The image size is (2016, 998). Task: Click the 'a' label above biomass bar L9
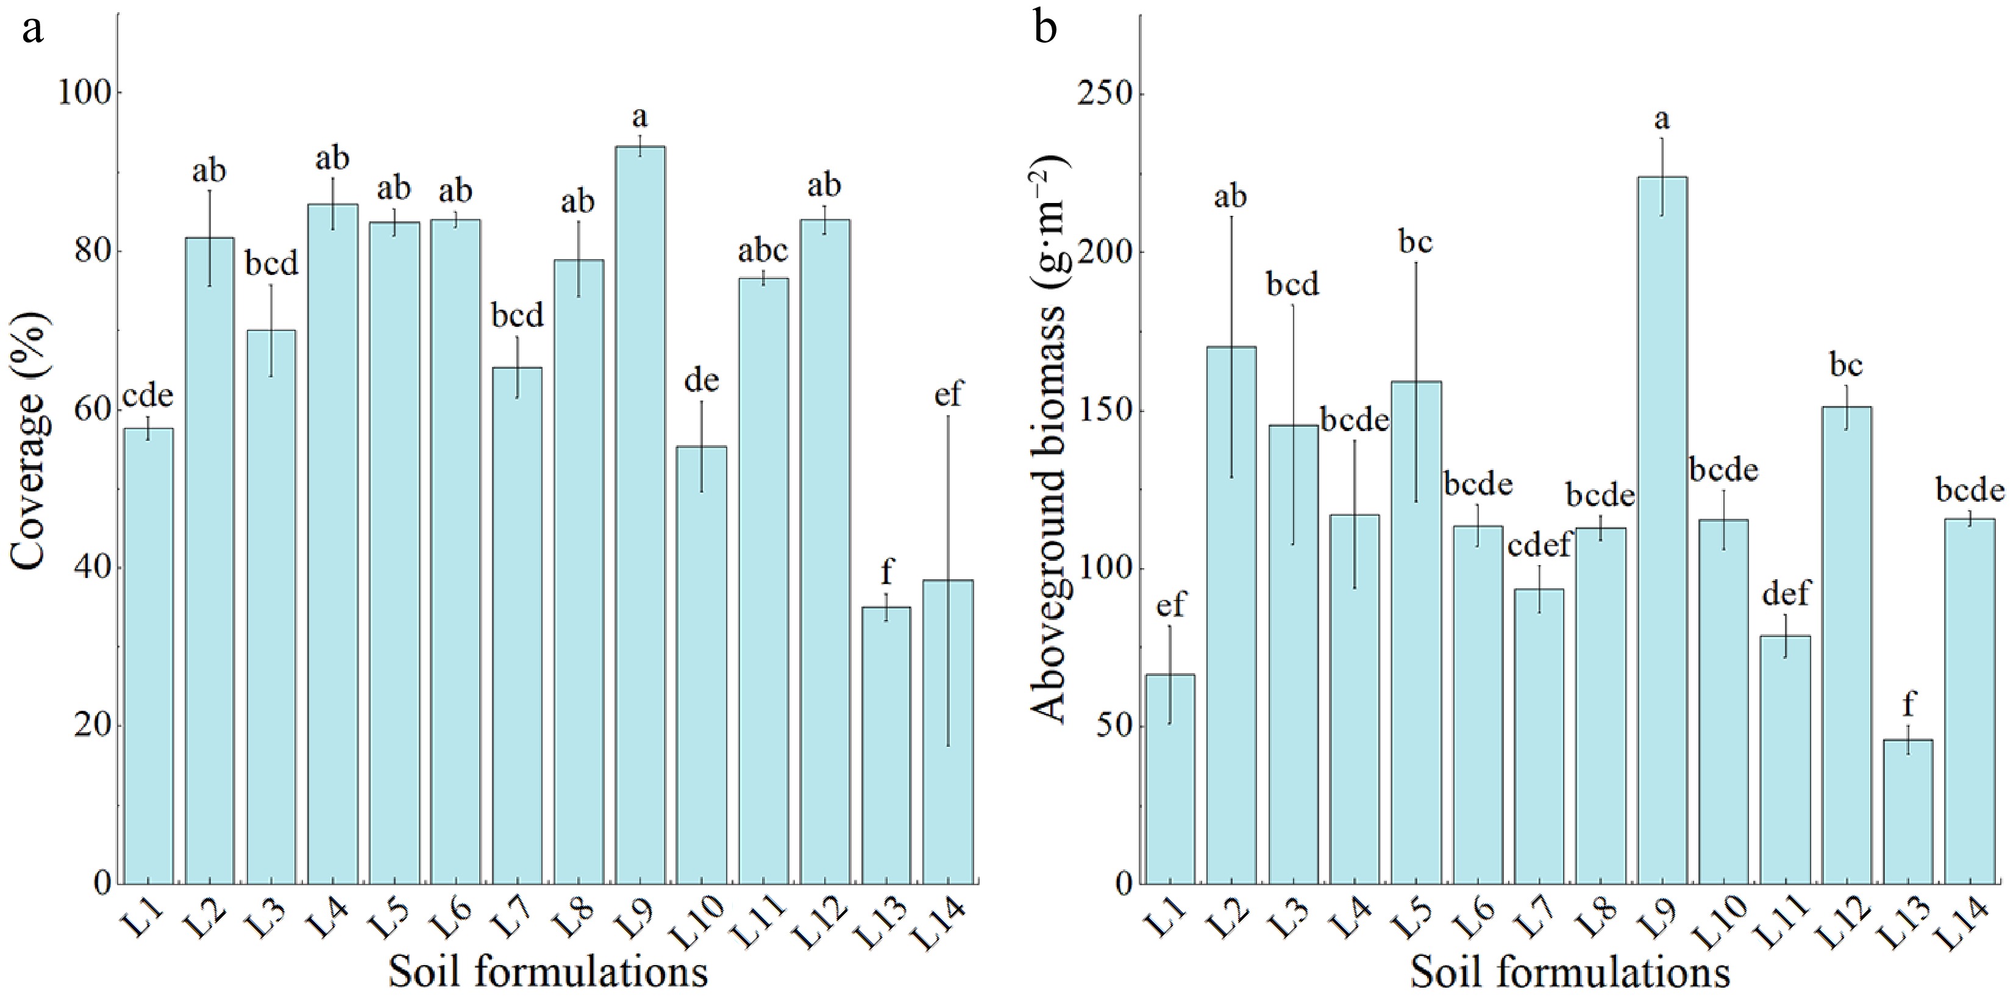(x=1661, y=119)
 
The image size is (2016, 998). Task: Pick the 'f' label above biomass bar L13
(x=1908, y=705)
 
